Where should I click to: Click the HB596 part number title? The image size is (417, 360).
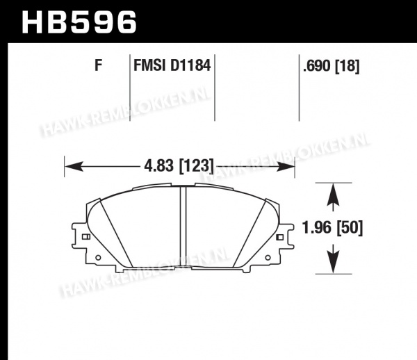pos(79,22)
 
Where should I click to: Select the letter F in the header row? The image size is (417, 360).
pos(99,65)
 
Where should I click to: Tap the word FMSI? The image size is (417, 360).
pos(149,65)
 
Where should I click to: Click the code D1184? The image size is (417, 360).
pos(190,65)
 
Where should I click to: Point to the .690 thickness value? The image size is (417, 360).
pos(317,65)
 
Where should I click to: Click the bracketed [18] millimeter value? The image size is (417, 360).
pos(347,66)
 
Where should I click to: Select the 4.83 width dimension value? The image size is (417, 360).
pos(158,165)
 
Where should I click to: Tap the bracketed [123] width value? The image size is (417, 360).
pos(196,166)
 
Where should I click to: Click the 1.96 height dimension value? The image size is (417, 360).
pos(317,228)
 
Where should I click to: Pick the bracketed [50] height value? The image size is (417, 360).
pos(350,228)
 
